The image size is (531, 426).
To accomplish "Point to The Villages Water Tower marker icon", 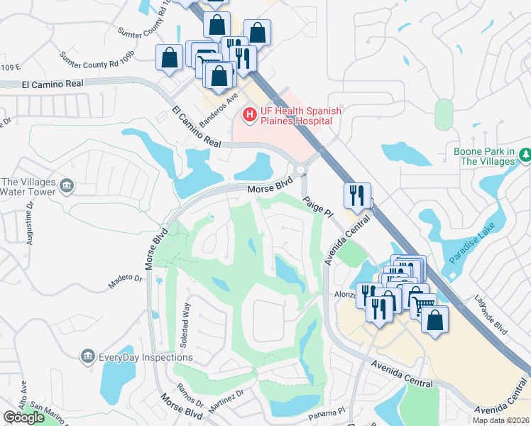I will (x=67, y=186).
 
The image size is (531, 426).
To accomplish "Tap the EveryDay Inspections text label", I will (x=136, y=356).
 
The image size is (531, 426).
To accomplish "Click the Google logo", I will (x=23, y=417).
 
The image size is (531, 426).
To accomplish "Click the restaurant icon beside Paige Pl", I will (x=357, y=195).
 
